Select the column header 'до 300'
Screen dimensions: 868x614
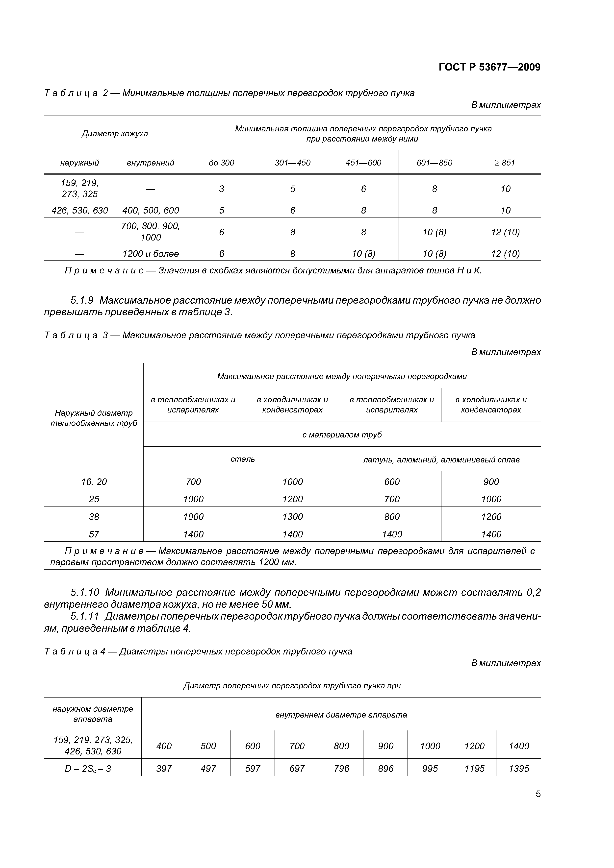pos(221,163)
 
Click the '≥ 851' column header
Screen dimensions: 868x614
pos(505,163)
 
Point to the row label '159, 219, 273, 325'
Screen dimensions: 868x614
pos(79,188)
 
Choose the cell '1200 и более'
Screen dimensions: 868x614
pos(150,254)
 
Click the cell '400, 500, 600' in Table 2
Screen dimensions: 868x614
pos(150,210)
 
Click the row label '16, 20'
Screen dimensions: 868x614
pos(94,482)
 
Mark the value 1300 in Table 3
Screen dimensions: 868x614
pos(292,516)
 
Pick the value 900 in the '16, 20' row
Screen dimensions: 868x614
pos(491,482)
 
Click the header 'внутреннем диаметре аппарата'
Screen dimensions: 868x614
pos(341,715)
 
